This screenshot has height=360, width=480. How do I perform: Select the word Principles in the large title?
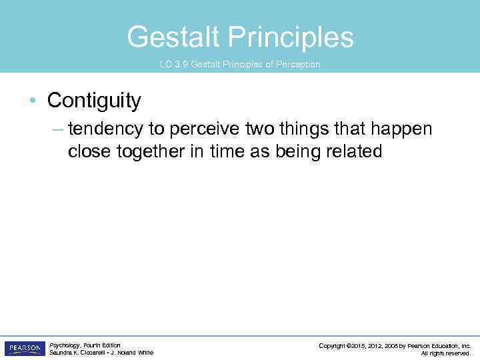291,37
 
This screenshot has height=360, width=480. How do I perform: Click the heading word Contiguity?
94,101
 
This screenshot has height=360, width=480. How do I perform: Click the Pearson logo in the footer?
25,349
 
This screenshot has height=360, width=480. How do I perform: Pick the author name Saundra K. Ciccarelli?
75,353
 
